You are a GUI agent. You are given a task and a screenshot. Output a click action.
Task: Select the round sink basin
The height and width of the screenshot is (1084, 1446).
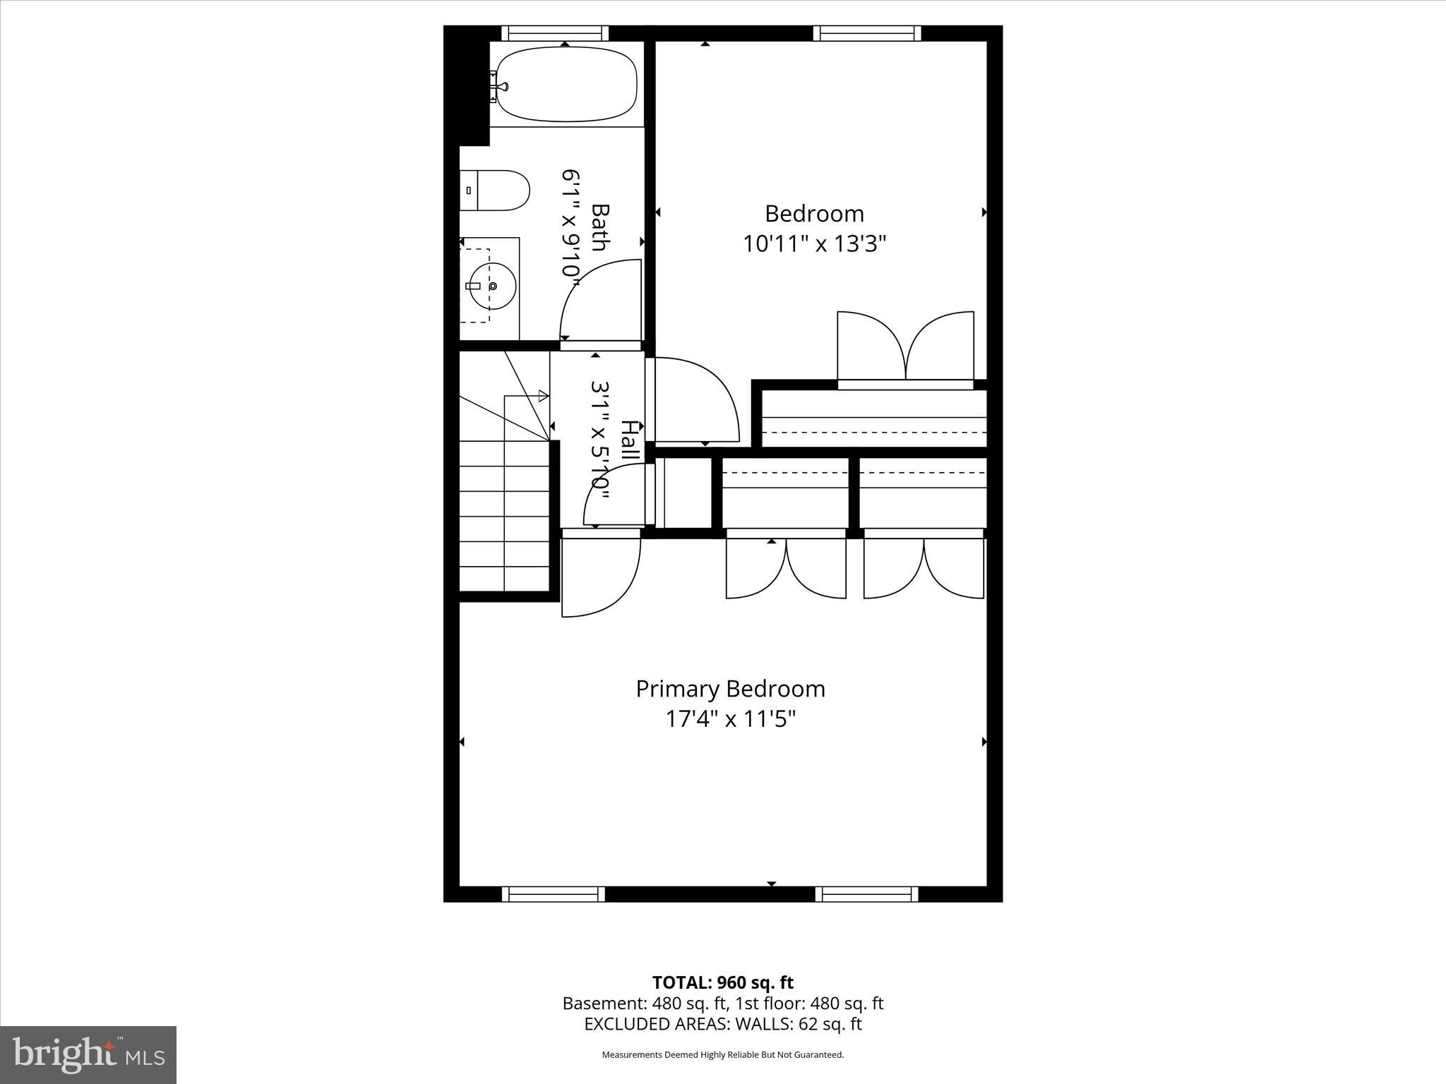click(492, 286)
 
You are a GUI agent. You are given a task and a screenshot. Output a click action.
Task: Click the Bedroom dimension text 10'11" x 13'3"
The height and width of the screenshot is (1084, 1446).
click(814, 244)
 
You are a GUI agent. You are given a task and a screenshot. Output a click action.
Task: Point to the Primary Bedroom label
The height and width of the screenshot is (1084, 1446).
click(730, 689)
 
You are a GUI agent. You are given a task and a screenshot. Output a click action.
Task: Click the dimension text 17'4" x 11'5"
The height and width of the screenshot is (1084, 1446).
click(730, 719)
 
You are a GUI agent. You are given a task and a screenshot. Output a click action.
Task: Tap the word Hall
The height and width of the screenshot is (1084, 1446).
click(630, 442)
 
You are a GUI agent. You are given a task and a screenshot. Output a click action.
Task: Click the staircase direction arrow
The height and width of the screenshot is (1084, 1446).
click(543, 396)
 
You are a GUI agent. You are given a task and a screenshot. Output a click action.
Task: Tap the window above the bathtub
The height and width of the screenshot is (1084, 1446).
click(555, 33)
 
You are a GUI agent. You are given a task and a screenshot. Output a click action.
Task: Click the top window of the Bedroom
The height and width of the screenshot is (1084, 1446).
click(867, 33)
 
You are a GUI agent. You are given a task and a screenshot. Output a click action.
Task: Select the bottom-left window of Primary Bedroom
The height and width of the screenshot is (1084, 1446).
click(554, 894)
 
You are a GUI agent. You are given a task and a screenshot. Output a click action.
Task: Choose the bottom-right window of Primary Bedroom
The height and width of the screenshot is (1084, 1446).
click(867, 894)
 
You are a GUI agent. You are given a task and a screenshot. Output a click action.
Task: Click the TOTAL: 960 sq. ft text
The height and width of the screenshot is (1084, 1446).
click(722, 982)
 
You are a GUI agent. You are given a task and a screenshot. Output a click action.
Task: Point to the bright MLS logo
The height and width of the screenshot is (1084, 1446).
click(88, 1054)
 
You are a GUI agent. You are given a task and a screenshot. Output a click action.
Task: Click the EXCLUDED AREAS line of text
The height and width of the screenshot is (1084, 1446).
click(722, 1024)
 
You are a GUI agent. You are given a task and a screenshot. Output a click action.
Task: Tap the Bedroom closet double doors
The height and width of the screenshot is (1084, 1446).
click(905, 347)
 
